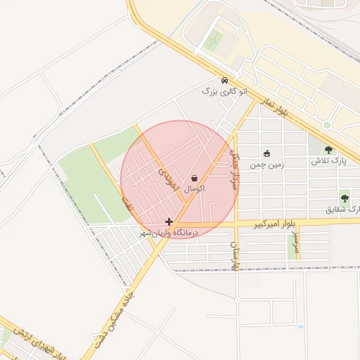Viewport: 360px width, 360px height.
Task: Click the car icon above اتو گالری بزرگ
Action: point(224,80)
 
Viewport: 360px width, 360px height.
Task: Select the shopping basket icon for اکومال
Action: point(194,179)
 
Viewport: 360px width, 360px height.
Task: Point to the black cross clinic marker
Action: point(169,221)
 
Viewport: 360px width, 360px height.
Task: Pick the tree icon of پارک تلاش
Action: point(328,150)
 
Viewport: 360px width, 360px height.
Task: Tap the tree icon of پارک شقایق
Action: point(345,198)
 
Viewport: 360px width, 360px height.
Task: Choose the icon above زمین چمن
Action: point(266,153)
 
